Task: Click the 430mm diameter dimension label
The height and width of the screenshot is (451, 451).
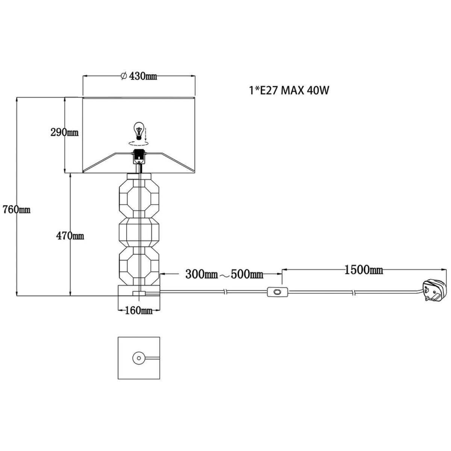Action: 139,76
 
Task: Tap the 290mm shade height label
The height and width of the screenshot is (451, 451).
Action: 65,133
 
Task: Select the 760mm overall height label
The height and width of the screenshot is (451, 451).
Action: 17,209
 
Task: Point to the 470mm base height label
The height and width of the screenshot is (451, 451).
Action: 70,236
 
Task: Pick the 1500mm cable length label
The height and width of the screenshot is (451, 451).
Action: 364,270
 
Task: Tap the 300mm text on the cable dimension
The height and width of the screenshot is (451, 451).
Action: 202,274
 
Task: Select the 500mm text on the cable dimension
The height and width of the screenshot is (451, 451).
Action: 247,274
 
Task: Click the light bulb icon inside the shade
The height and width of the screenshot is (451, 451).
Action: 139,131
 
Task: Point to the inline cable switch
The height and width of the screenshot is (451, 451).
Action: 278,292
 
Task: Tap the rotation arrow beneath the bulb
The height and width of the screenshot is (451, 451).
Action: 139,143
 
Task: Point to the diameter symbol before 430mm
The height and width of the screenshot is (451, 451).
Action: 124,76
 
